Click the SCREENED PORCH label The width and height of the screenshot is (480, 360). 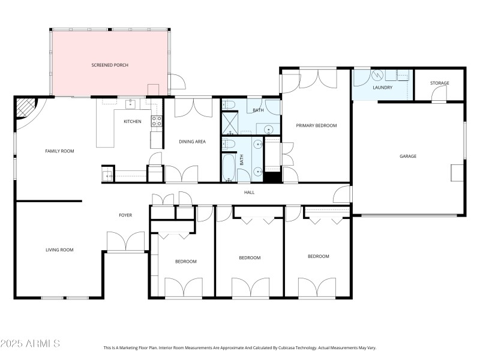[110, 65]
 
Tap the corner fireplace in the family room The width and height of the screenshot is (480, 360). [26, 109]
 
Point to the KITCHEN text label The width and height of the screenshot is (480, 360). [133, 122]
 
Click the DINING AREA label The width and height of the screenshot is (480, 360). [193, 142]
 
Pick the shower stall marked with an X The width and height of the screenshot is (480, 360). [230, 123]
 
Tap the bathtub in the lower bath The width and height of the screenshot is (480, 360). [229, 169]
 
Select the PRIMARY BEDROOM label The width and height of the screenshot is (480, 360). [316, 125]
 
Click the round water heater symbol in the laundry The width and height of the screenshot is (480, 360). [377, 76]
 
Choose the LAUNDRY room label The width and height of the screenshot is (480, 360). [382, 88]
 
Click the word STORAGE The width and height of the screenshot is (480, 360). [440, 83]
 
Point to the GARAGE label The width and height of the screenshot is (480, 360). [408, 157]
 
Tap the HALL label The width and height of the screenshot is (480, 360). [249, 193]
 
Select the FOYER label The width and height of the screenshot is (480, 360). [125, 215]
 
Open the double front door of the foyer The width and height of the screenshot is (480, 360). [125, 242]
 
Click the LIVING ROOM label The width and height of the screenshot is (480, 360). [59, 250]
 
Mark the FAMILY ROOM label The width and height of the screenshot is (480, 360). [59, 151]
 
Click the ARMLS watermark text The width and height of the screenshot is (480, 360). [30, 344]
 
